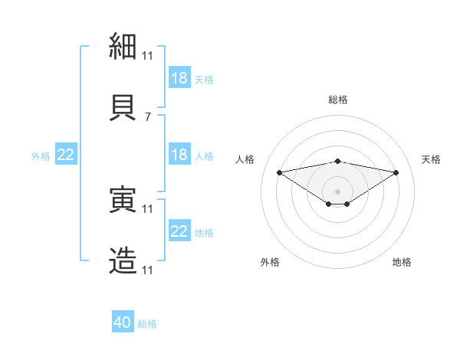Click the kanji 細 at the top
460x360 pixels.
(123, 46)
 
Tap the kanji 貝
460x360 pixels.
(123, 107)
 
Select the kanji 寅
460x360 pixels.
(123, 199)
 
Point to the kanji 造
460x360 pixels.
(123, 260)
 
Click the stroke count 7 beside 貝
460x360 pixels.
(148, 117)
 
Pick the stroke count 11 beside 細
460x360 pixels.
(147, 56)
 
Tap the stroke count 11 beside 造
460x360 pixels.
(147, 270)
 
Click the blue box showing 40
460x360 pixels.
(123, 321)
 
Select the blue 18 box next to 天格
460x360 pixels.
(180, 77)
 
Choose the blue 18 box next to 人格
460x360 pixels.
(180, 154)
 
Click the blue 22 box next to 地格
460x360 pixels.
(180, 230)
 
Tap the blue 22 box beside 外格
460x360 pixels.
(66, 154)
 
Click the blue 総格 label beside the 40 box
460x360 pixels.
(147, 324)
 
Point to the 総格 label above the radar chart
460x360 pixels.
(338, 100)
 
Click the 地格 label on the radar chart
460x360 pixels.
(402, 262)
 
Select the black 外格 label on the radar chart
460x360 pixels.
(270, 262)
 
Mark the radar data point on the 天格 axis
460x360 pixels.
(396, 172)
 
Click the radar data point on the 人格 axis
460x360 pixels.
(280, 172)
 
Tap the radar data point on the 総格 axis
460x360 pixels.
(338, 162)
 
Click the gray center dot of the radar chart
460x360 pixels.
(337, 191)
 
